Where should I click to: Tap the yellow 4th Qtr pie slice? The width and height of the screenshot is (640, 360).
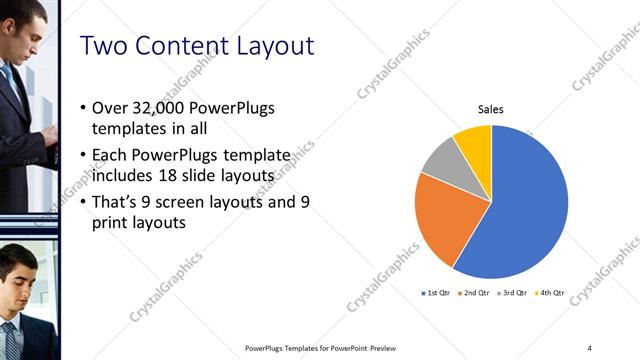point(475,143)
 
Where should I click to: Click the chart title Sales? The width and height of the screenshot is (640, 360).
point(491,109)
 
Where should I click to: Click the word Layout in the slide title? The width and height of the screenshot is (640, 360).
point(273,46)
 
